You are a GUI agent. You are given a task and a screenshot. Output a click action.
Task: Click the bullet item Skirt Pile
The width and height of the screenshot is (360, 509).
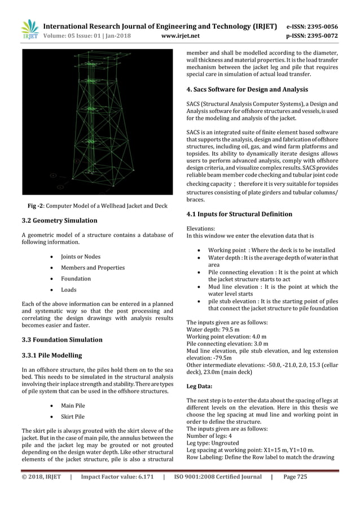73,416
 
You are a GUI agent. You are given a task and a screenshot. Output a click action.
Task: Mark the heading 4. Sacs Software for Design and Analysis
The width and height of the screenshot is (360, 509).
247,89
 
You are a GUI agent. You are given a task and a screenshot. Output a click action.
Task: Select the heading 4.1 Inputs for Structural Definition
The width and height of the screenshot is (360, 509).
239,214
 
